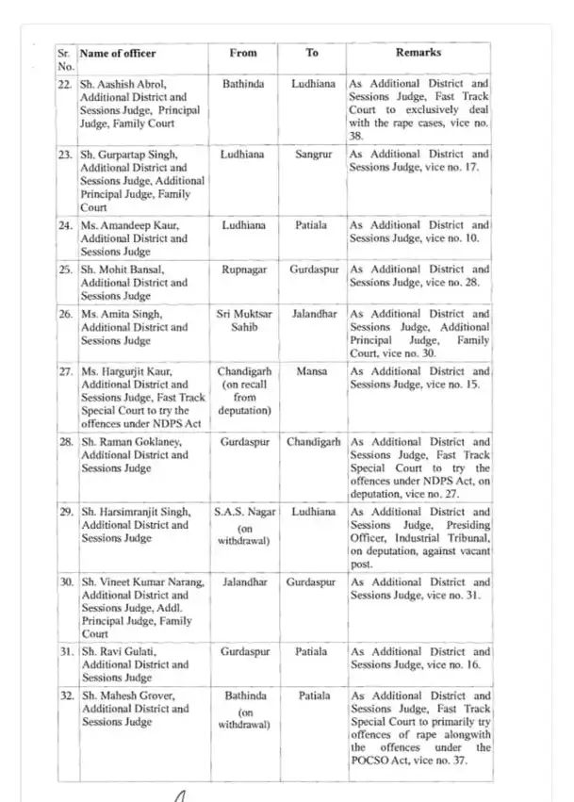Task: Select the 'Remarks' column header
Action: tap(418, 53)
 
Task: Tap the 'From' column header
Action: tap(242, 53)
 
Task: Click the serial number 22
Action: tap(66, 84)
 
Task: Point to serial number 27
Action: tap(66, 371)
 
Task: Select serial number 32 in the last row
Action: tap(66, 696)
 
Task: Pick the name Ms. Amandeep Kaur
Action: tap(126, 226)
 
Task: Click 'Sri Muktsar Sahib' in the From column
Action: tap(243, 320)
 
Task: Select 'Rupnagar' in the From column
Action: tap(243, 270)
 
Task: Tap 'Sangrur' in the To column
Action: tap(312, 154)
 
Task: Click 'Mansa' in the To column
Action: tap(312, 371)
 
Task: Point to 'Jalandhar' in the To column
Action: tap(312, 314)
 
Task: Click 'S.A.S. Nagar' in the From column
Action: tap(243, 512)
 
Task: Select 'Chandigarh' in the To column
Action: tap(312, 442)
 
